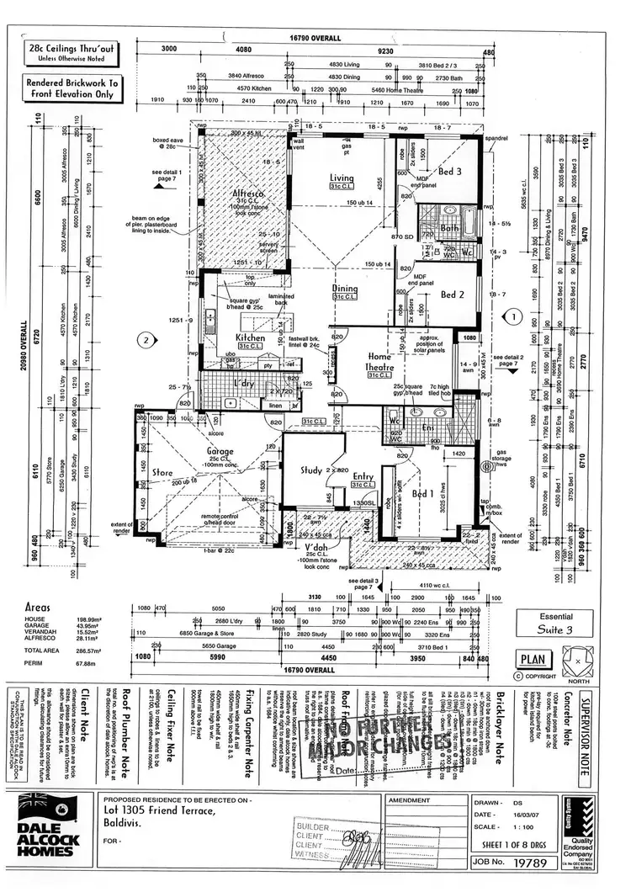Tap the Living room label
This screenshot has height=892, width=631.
click(x=342, y=178)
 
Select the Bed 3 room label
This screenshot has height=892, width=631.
click(x=450, y=172)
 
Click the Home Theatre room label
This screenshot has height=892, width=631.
click(x=378, y=362)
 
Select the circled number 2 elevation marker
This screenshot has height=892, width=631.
click(x=146, y=341)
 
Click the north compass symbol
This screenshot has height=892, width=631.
click(x=573, y=658)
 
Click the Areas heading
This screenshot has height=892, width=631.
click(x=40, y=605)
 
